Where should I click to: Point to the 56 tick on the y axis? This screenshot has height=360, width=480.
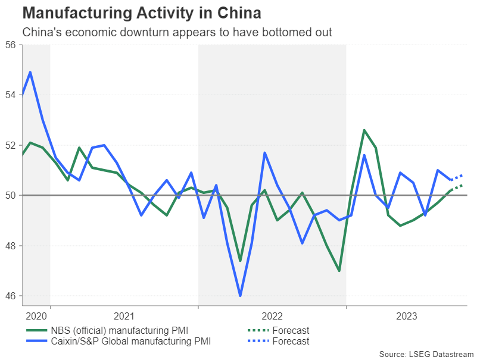(x=10, y=45)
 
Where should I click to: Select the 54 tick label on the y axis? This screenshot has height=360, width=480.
(x=10, y=95)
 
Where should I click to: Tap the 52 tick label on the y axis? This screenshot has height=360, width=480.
(x=10, y=145)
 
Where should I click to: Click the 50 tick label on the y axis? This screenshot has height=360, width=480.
(x=10, y=195)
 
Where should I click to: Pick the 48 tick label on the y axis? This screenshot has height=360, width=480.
(x=10, y=246)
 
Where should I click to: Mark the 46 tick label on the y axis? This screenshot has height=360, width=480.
(x=10, y=296)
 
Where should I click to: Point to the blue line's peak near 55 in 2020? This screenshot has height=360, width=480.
(x=30, y=73)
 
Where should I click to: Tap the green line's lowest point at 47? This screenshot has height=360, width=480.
(x=339, y=271)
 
